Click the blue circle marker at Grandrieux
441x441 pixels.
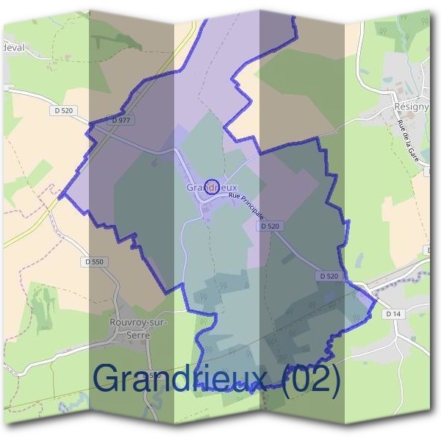coord(212,187)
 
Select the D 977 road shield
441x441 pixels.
coord(123,119)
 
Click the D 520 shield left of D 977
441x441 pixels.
coord(65,110)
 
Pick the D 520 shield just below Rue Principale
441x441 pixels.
coord(270,227)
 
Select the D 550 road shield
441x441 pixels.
coord(94,262)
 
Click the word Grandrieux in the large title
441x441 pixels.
coord(183,379)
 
